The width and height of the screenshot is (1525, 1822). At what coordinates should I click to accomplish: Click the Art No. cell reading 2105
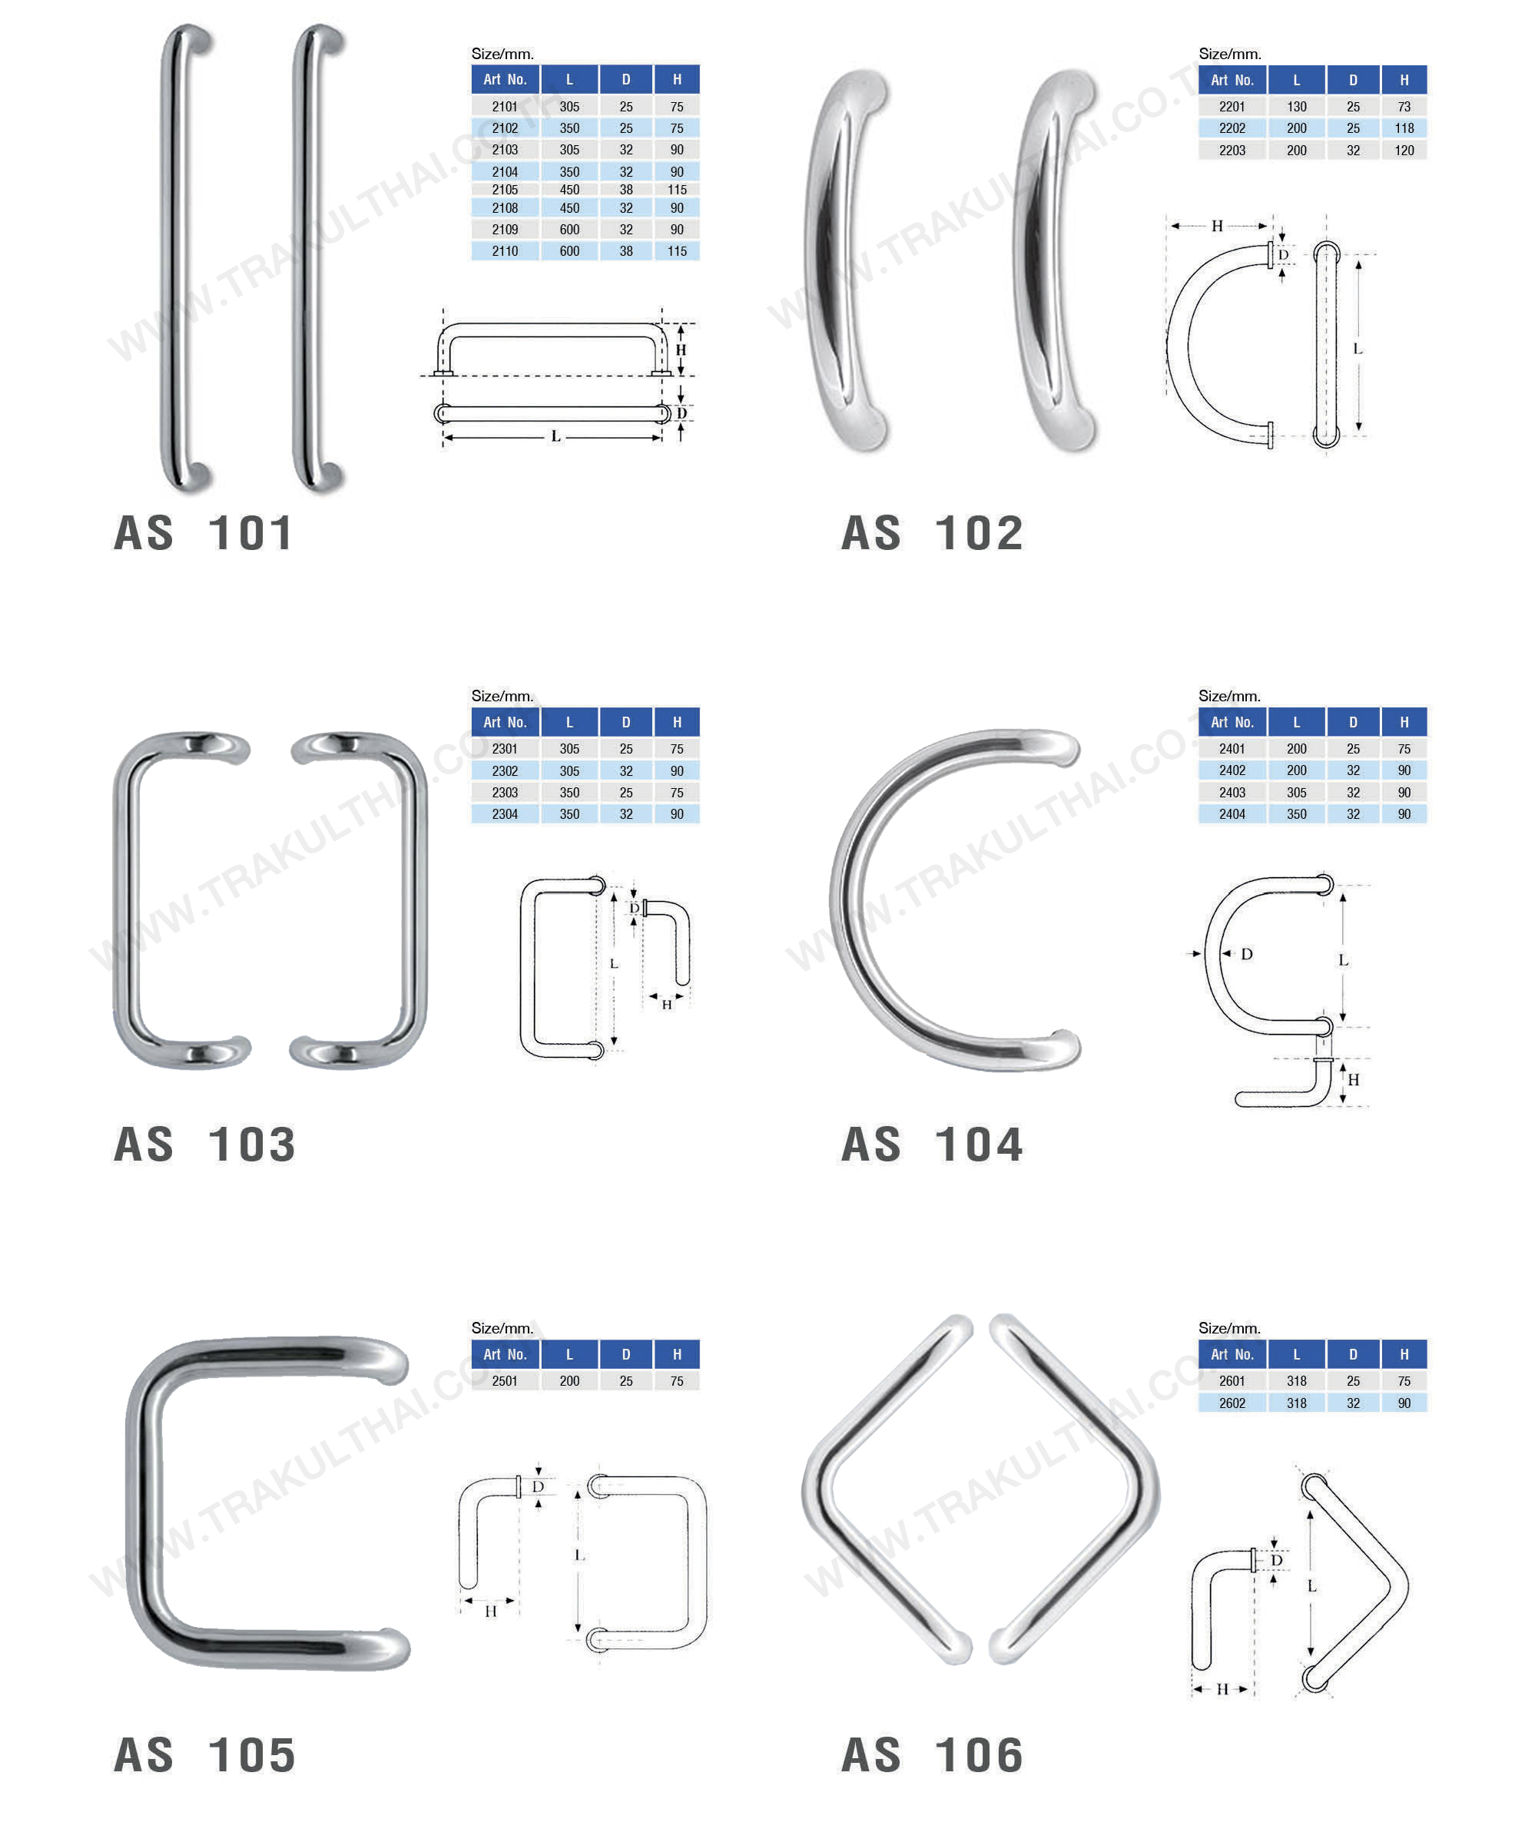pos(504,189)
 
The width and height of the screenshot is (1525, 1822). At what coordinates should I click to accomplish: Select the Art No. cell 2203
pos(1232,150)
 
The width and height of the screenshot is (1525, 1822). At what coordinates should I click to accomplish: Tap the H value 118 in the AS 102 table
pos(1404,128)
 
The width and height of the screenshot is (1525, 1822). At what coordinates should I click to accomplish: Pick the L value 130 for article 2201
pos(1296,107)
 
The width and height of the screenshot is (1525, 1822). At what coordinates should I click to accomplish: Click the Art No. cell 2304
pos(504,813)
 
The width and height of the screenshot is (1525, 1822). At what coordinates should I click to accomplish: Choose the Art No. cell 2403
pos(1232,792)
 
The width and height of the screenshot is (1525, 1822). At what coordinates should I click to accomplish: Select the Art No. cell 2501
pos(504,1380)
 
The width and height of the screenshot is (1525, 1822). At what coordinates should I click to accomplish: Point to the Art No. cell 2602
pos(1232,1403)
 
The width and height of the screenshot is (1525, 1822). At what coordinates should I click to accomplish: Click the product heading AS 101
pos(204,533)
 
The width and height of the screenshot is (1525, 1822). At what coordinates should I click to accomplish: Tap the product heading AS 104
pos(932,1145)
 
